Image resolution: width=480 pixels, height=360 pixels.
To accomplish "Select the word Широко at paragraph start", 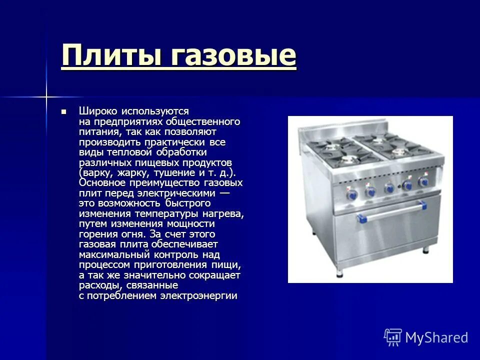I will [x=97, y=111].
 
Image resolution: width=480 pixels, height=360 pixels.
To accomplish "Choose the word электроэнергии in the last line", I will [x=198, y=295].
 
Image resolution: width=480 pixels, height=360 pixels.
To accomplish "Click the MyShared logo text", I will [x=436, y=337].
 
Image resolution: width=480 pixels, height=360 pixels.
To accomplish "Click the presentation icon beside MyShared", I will [x=393, y=337].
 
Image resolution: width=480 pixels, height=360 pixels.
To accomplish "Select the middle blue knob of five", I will [x=389, y=188].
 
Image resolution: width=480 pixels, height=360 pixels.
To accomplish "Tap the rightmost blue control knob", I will [x=424, y=181].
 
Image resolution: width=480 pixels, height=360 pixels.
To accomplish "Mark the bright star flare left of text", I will [x=45, y=95].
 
